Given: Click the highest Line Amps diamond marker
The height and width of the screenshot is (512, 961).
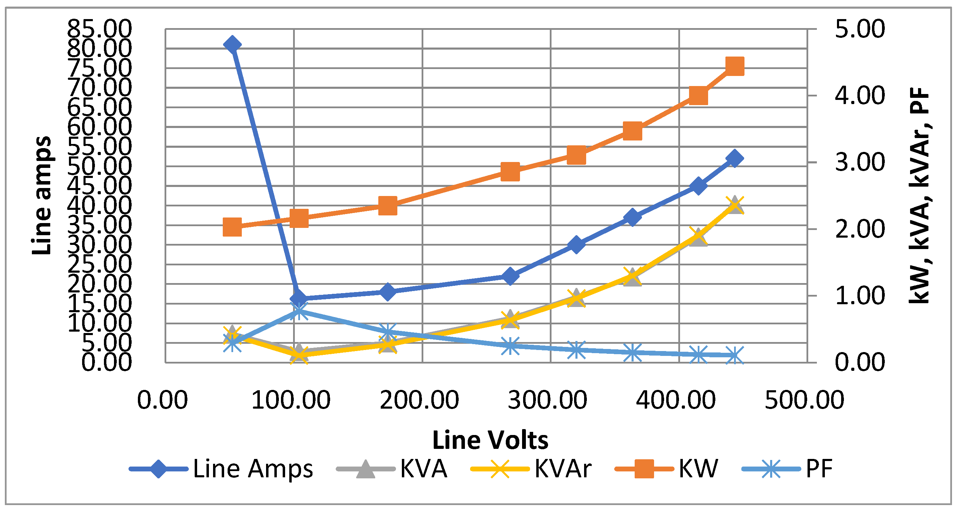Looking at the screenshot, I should pyautogui.click(x=232, y=45).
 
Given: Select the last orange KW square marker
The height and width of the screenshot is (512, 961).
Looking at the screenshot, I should pyautogui.click(x=734, y=67).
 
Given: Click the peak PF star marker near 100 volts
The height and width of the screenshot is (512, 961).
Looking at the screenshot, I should pyautogui.click(x=299, y=311).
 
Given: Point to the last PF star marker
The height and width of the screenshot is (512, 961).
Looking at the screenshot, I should pyautogui.click(x=734, y=355).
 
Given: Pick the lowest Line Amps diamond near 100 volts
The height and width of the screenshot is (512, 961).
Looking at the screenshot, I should pyautogui.click(x=299, y=298).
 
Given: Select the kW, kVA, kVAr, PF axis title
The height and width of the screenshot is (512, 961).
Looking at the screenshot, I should pyautogui.click(x=919, y=195).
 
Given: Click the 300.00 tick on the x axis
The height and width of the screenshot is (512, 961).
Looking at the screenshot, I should pyautogui.click(x=547, y=400).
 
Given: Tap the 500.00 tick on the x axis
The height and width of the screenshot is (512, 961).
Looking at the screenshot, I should pyautogui.click(x=804, y=400).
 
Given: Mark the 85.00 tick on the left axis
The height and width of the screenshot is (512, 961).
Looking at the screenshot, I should pyautogui.click(x=99, y=28).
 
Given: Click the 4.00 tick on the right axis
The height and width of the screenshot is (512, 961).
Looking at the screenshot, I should pyautogui.click(x=859, y=96).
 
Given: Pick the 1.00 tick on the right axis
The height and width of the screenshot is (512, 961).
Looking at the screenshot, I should pyautogui.click(x=859, y=296).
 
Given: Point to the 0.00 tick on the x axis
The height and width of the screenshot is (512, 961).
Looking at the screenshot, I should pyautogui.click(x=162, y=400).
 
